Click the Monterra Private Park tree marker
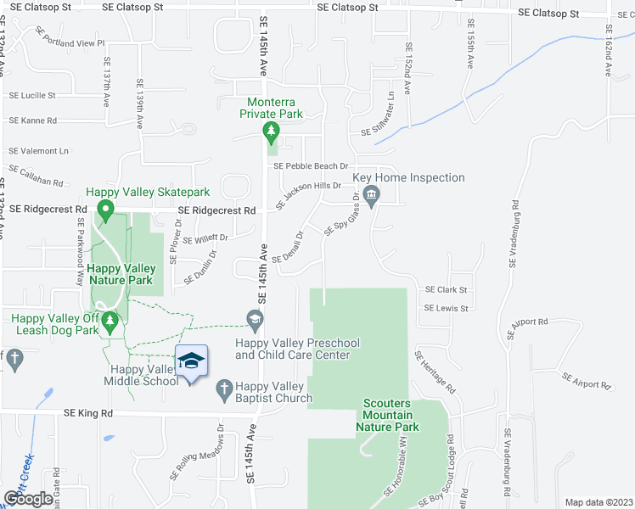[x=271, y=131]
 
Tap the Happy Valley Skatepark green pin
[x=106, y=209]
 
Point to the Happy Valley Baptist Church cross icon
[x=224, y=387]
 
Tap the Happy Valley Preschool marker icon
[x=254, y=319]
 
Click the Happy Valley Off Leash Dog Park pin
[x=108, y=322]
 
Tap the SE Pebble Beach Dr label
[x=311, y=166]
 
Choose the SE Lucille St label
[x=32, y=96]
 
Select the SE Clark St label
[x=447, y=290]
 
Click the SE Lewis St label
[x=447, y=309]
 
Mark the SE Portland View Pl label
[x=70, y=38]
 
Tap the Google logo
[x=29, y=499]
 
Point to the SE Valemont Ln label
[x=38, y=151]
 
